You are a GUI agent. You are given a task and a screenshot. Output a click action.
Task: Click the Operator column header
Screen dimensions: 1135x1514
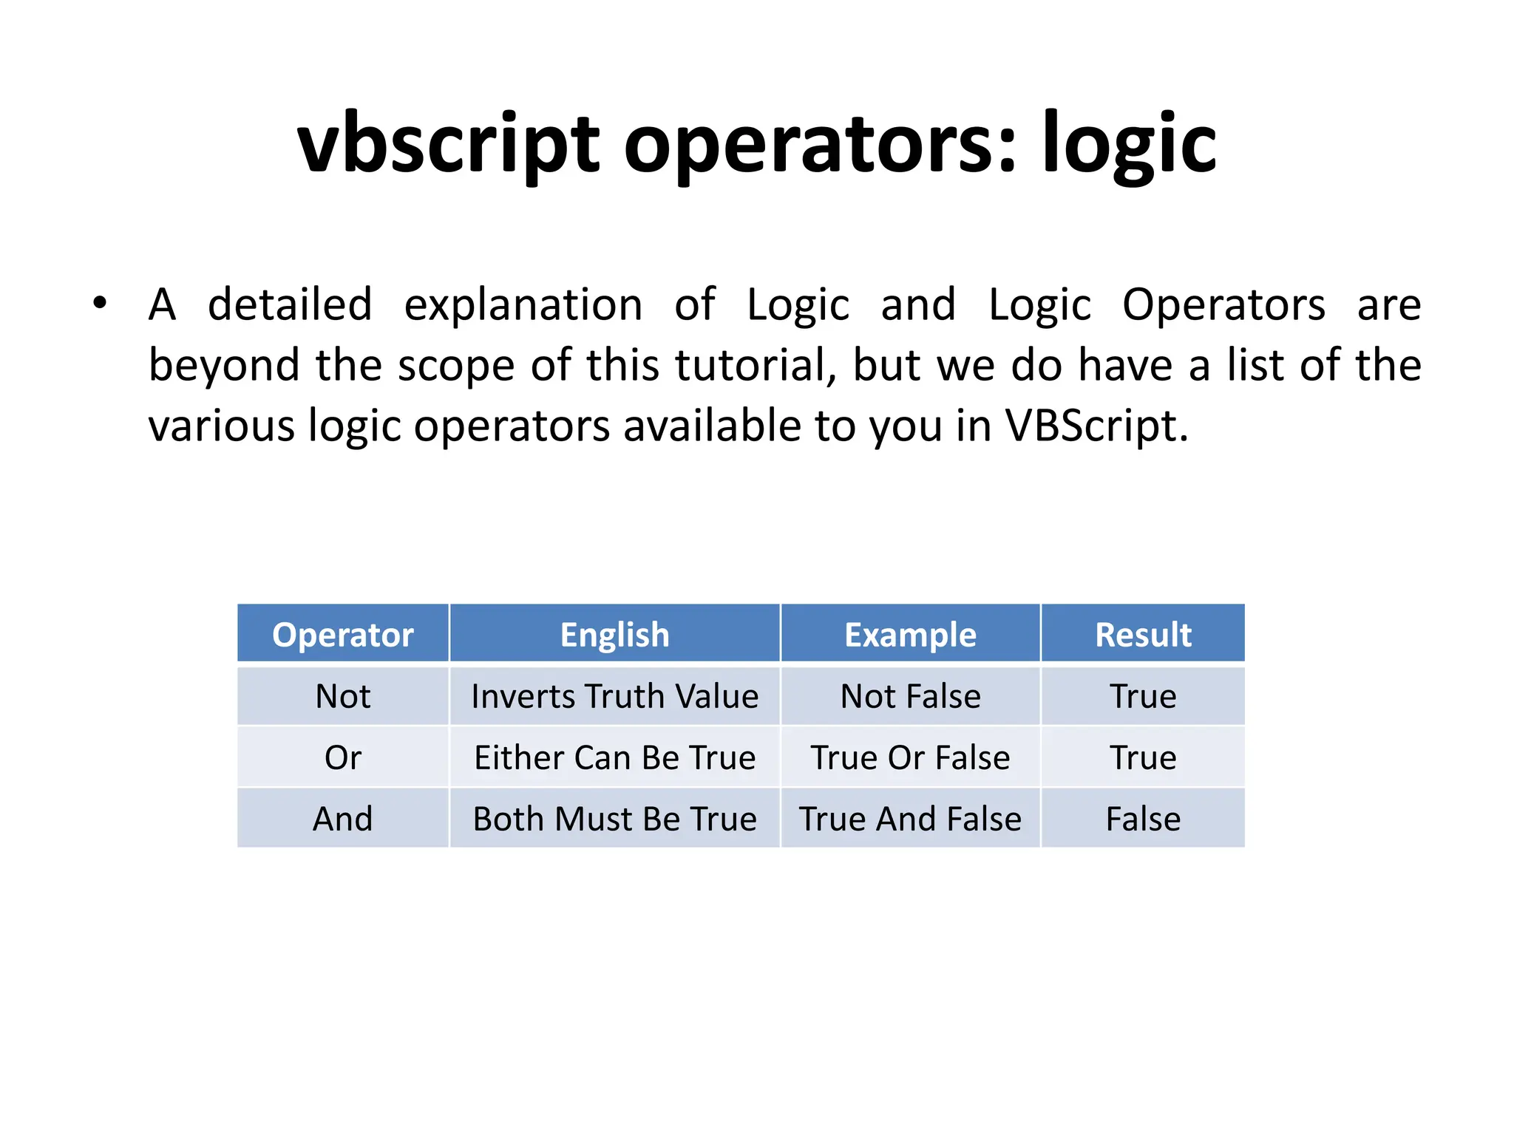click(x=342, y=635)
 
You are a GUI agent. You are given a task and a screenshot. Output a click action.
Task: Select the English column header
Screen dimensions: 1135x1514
click(x=614, y=635)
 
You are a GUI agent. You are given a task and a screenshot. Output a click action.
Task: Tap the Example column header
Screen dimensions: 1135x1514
click(x=910, y=635)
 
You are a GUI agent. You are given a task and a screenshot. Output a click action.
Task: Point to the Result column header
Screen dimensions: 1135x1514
click(x=1143, y=635)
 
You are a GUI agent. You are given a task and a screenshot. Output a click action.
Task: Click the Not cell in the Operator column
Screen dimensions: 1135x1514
click(x=342, y=696)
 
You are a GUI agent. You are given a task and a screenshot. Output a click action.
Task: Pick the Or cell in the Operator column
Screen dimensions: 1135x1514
click(x=342, y=757)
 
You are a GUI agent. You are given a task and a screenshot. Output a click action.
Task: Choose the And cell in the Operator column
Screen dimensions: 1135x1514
click(x=342, y=819)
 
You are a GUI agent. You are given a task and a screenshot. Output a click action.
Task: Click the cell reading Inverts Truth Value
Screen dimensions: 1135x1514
click(x=614, y=696)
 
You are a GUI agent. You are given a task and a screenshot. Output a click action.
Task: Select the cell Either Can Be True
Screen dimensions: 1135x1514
click(x=614, y=757)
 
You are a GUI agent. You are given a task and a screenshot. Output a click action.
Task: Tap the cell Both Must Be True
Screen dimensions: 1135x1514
click(x=614, y=819)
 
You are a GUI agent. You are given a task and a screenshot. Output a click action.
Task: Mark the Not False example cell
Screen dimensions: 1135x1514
click(x=910, y=696)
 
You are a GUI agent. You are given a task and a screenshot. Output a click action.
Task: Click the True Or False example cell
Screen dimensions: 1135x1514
click(x=910, y=757)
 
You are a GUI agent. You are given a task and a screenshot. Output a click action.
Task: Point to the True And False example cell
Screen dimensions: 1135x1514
click(x=910, y=819)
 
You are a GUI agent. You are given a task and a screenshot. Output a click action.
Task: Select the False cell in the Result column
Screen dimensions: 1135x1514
click(x=1143, y=819)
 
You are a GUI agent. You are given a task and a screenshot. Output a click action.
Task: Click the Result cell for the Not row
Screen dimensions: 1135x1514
click(x=1143, y=696)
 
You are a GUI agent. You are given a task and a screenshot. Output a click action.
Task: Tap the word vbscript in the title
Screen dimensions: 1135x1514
click(x=448, y=144)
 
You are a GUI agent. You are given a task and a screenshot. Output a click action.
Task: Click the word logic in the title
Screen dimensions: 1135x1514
click(x=1129, y=144)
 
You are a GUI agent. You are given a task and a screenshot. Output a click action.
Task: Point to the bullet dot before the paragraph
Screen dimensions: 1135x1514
click(x=100, y=303)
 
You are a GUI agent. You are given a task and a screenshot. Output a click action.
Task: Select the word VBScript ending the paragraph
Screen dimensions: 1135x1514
click(x=1096, y=426)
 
